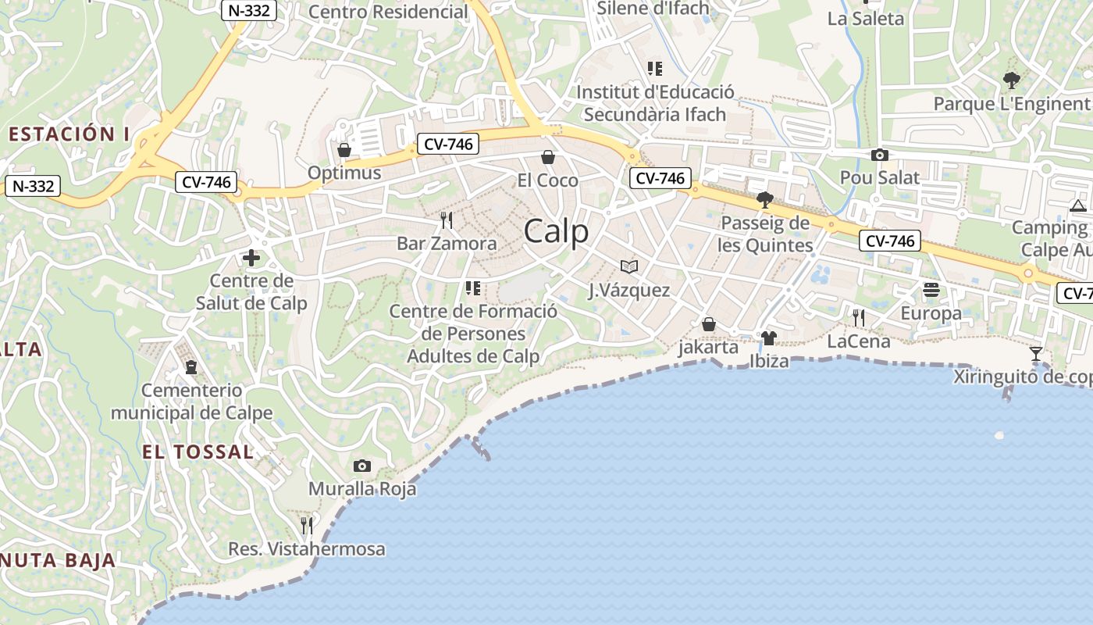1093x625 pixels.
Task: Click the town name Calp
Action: coord(556,231)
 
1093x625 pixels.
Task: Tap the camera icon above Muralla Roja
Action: coord(362,466)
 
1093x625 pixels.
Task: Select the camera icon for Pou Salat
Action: coord(880,155)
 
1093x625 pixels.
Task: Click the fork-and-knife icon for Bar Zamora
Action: coord(447,220)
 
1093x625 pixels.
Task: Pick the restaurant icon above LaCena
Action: coord(859,318)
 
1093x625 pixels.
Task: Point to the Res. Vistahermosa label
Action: coord(307,549)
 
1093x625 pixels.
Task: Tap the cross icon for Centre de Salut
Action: coord(251,258)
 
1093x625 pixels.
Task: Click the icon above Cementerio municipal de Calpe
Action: coord(191,366)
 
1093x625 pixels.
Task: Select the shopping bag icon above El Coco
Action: coord(548,158)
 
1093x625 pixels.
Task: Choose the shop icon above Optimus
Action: coord(344,150)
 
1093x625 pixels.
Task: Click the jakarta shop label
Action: coord(708,347)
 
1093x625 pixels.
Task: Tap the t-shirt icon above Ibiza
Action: coord(769,338)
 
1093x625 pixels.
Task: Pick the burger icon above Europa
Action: coord(931,290)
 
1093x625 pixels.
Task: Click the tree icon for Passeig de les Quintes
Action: coord(765,201)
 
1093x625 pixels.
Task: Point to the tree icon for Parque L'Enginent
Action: coord(1011,80)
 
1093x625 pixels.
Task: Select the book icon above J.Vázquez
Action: coord(629,266)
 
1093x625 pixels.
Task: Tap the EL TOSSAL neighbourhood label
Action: coord(198,452)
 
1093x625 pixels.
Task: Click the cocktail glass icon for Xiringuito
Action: coord(1036,354)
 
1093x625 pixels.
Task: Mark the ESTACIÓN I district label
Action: coord(69,134)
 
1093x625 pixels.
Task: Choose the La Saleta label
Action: coord(865,19)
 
